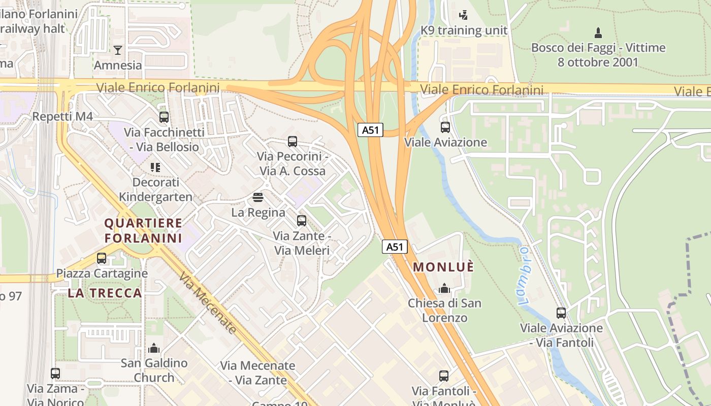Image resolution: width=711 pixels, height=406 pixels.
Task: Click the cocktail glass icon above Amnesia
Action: (118, 50)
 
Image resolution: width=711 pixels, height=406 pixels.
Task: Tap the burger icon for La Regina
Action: (258, 197)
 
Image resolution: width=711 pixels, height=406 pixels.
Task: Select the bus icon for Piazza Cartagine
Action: (102, 258)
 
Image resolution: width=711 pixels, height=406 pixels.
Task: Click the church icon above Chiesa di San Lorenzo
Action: (444, 288)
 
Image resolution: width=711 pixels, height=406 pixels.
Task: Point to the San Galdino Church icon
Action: (154, 348)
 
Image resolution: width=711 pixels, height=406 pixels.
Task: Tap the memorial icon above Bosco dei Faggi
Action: (598, 33)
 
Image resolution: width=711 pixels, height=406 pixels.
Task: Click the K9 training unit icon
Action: (463, 15)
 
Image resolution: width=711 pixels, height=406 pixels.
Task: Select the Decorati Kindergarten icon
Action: (155, 167)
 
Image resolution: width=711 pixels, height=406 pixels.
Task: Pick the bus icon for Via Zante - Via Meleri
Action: (302, 221)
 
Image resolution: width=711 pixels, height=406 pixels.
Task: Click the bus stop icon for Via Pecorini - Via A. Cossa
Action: (293, 142)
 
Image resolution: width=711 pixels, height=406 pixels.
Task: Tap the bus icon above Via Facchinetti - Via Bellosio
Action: (164, 117)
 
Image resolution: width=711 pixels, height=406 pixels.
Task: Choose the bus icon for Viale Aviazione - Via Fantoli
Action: (561, 313)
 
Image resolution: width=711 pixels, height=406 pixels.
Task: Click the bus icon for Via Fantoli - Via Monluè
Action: (444, 376)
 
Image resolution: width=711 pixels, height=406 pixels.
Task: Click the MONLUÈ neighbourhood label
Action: (443, 267)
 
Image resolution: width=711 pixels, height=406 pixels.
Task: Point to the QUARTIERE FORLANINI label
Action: (143, 230)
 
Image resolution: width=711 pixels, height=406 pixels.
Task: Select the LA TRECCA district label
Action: (105, 293)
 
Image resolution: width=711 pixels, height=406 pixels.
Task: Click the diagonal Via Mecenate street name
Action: (208, 303)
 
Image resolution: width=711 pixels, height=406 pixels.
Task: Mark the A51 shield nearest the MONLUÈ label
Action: (395, 247)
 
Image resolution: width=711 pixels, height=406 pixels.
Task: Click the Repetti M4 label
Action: (62, 117)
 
